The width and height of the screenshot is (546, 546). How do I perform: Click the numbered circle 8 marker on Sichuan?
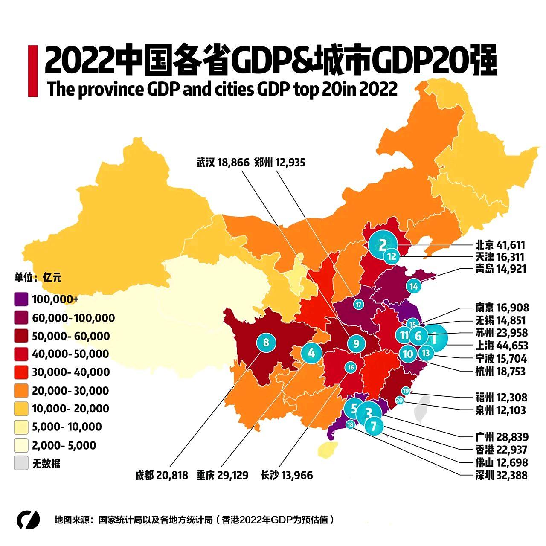tap(266, 342)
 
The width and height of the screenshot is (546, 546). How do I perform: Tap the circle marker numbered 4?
tap(311, 353)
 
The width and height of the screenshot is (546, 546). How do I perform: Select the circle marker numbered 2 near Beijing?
tap(383, 244)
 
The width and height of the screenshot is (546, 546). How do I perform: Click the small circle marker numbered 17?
tap(358, 305)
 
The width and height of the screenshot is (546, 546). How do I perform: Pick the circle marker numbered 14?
tap(413, 286)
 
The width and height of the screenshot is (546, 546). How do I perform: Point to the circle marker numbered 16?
tap(351, 367)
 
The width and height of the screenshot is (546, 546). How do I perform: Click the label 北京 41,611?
tap(500, 245)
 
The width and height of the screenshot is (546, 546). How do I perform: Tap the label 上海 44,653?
tap(502, 346)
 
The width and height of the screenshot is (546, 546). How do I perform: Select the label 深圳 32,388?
tap(501, 475)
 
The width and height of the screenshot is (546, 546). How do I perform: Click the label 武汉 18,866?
tap(223, 163)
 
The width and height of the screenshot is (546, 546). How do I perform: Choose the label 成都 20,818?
tap(162, 475)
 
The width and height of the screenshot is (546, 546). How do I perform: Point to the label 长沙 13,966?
tap(287, 475)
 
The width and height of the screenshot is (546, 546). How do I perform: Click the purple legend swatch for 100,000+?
tap(21, 299)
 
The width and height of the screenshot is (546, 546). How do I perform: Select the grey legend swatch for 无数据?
tap(21, 463)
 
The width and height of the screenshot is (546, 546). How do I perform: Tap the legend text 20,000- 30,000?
tap(70, 391)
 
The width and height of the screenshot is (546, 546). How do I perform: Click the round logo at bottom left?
tap(28, 520)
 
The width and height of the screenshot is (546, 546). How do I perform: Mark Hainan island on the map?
tap(327, 449)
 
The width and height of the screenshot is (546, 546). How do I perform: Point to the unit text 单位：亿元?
tap(38, 277)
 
